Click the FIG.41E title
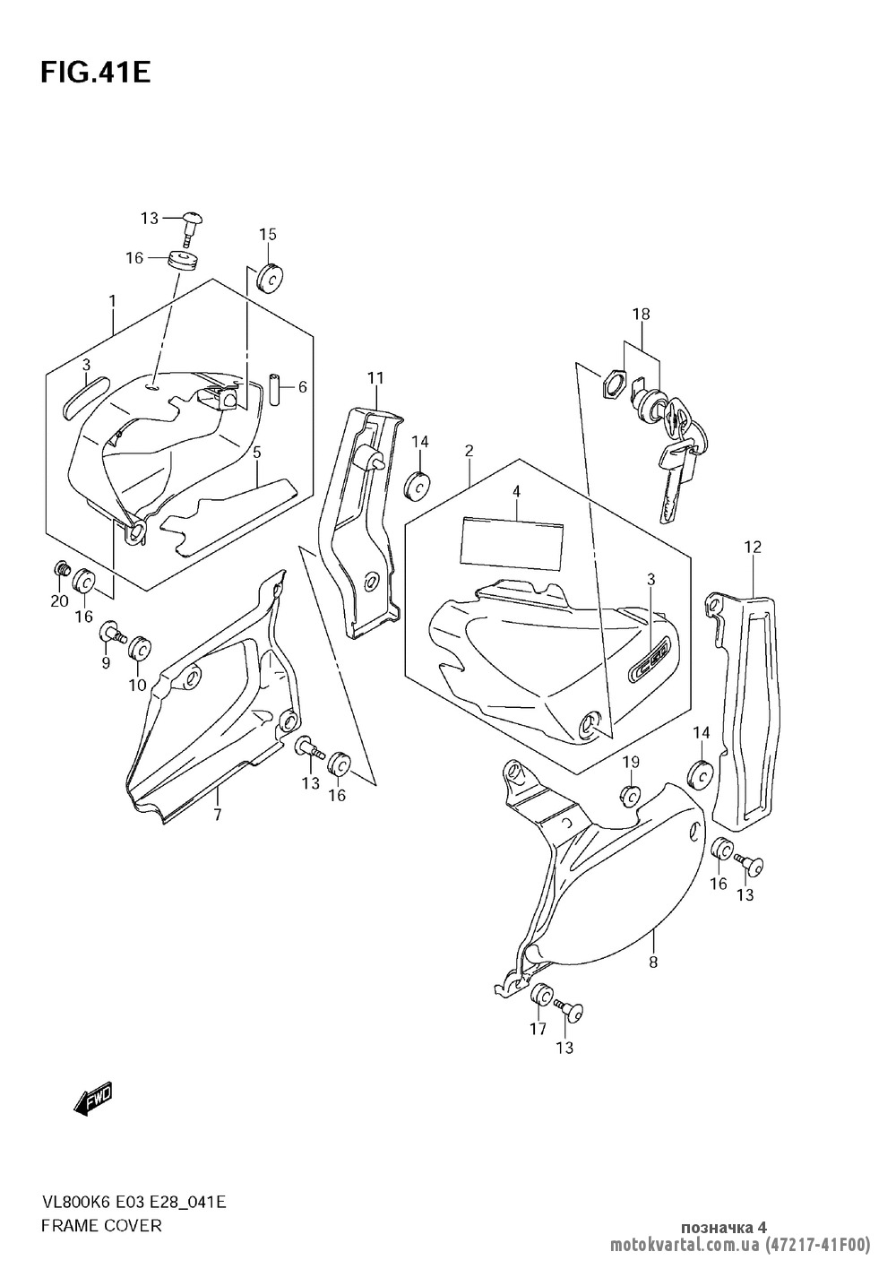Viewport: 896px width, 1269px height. click(94, 72)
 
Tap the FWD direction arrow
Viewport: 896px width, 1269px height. click(93, 1099)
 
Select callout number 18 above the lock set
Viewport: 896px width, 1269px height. click(641, 315)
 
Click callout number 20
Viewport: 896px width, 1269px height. click(59, 600)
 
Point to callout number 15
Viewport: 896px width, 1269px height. click(268, 235)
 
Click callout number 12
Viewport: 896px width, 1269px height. click(752, 547)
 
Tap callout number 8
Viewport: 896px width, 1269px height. click(652, 963)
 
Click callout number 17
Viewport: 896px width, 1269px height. click(538, 1029)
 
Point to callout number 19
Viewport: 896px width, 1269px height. click(631, 763)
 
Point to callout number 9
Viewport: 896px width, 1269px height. click(105, 663)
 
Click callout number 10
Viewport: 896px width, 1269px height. click(137, 686)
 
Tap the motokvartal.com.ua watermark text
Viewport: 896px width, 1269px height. click(685, 1245)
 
